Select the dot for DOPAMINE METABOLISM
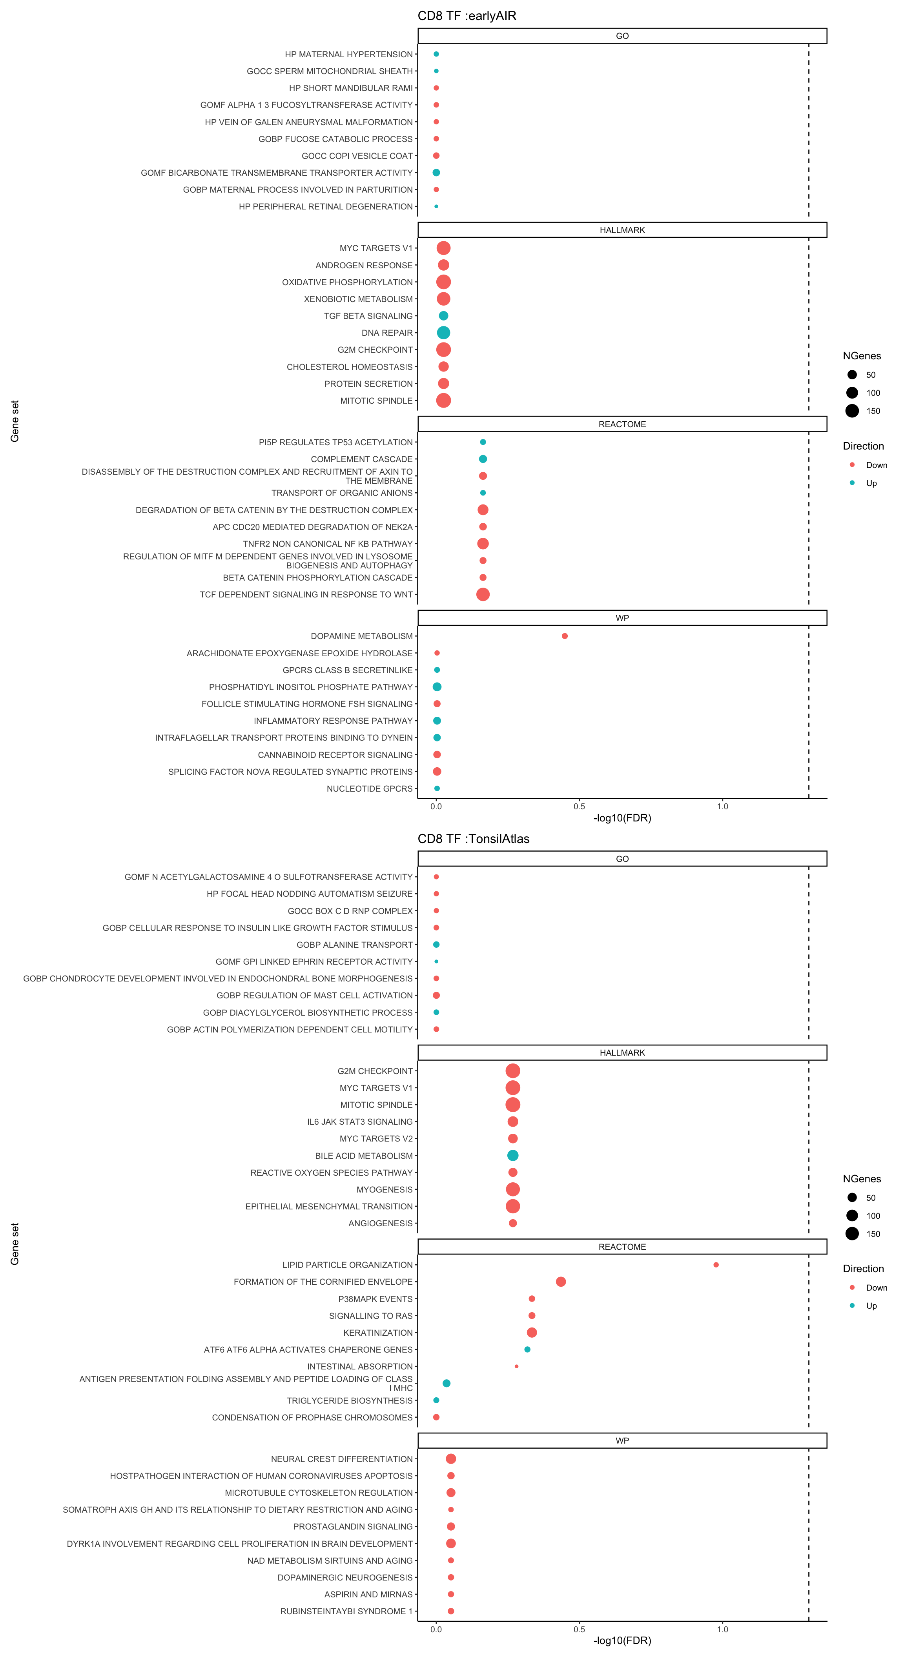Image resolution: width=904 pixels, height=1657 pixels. [564, 636]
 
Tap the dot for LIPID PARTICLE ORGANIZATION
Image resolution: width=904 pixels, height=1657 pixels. [716, 1265]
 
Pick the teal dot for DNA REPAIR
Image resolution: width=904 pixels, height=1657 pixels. [443, 333]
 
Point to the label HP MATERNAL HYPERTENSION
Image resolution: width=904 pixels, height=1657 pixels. [349, 55]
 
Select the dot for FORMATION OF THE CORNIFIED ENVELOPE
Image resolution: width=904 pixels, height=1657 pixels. [560, 1282]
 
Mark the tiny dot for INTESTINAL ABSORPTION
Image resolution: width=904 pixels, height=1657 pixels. [516, 1366]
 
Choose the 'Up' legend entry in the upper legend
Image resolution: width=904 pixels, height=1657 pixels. [871, 483]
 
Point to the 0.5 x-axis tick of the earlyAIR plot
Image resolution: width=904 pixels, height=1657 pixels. [579, 807]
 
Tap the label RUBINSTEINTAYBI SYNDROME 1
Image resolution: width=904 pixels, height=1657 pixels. [346, 1611]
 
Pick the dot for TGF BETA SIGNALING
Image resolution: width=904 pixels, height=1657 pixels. [443, 316]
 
